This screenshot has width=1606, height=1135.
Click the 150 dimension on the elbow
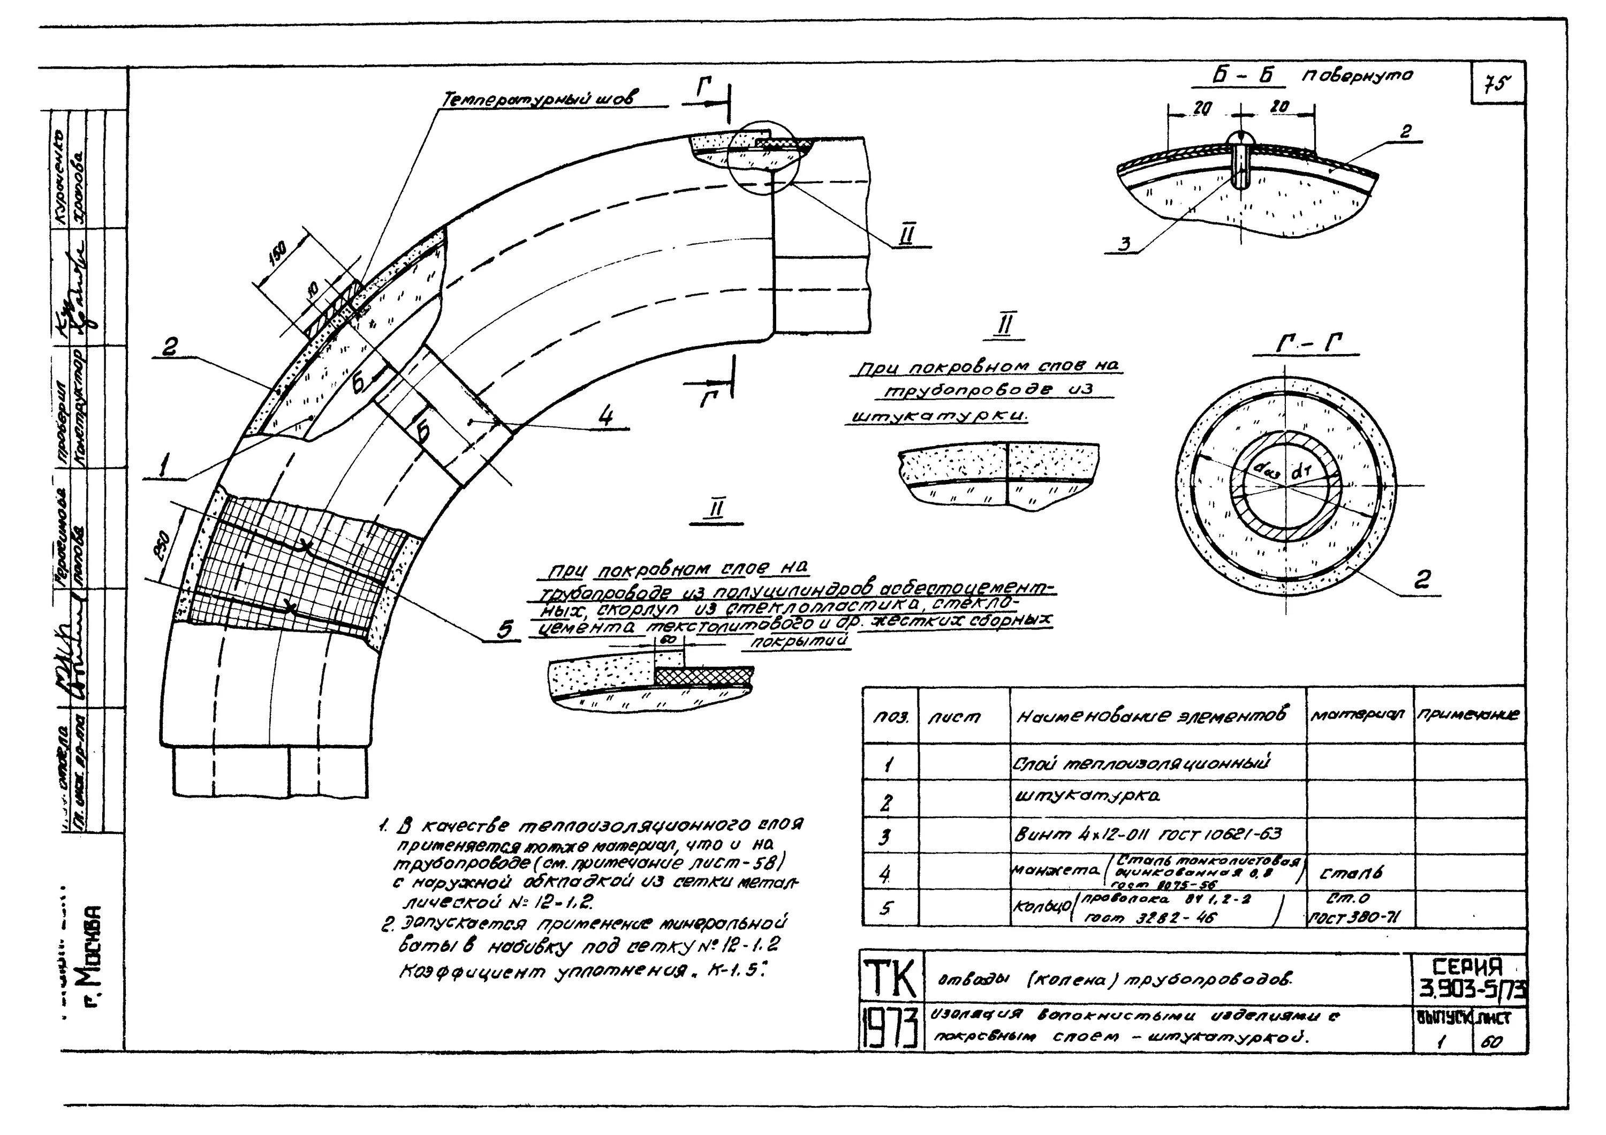(278, 257)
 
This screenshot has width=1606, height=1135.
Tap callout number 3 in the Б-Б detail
(1125, 244)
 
